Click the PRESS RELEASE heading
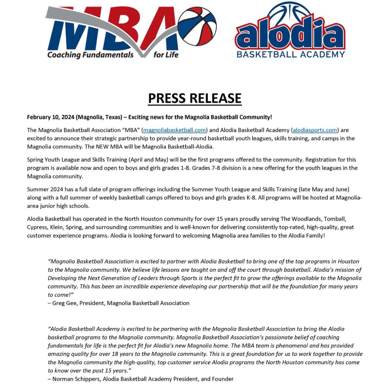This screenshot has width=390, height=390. tap(195, 98)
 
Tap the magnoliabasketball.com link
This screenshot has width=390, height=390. tap(175, 130)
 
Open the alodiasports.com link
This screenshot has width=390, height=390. tap(315, 130)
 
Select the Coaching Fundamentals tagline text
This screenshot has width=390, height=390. tap(90, 55)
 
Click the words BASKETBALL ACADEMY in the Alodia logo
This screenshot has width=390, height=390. tap(291, 54)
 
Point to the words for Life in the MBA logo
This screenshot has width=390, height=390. tap(166, 55)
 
